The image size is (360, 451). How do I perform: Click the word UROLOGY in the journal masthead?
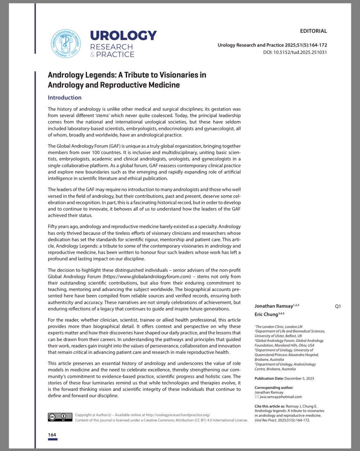click(123, 36)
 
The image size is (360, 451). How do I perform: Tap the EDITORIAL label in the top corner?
click(313, 31)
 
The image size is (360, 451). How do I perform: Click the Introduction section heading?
click(64, 98)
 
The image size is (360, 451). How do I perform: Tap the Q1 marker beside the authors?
click(337, 306)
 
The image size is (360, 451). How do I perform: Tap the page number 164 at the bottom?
click(52, 435)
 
